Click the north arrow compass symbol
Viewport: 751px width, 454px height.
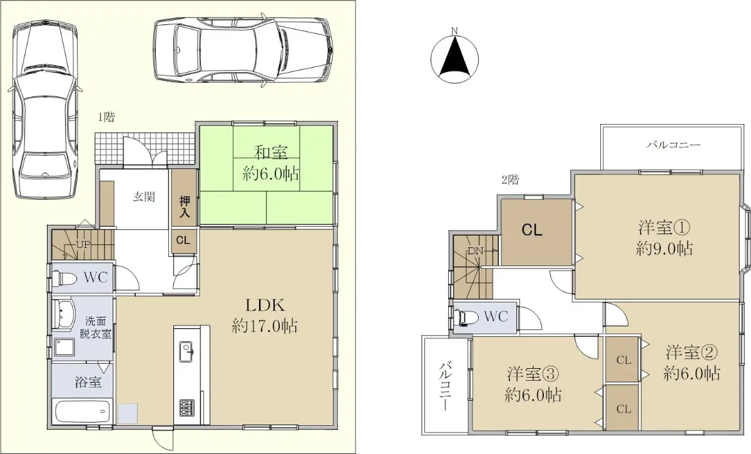pyautogui.click(x=454, y=57)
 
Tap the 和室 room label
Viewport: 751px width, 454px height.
pyautogui.click(x=270, y=153)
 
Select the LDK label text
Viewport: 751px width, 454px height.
pyautogui.click(x=265, y=306)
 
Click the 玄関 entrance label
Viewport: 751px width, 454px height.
pyautogui.click(x=144, y=197)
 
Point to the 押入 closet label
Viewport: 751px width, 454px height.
pyautogui.click(x=184, y=207)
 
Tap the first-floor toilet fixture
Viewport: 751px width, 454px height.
pyautogui.click(x=64, y=277)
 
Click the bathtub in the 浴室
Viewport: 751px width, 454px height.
pyautogui.click(x=82, y=411)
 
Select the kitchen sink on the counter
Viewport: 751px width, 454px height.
pyautogui.click(x=186, y=352)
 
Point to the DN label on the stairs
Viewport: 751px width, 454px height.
pyautogui.click(x=475, y=251)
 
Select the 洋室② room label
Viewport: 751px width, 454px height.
pyautogui.click(x=692, y=353)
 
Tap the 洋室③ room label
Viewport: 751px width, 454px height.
pyautogui.click(x=533, y=374)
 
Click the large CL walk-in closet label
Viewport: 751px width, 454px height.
pyautogui.click(x=532, y=230)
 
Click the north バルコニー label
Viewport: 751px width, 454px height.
pyautogui.click(x=673, y=145)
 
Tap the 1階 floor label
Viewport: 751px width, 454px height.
pyautogui.click(x=106, y=117)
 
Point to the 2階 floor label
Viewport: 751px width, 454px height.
pyautogui.click(x=510, y=180)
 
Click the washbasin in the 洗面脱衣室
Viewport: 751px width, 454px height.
pyautogui.click(x=63, y=313)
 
